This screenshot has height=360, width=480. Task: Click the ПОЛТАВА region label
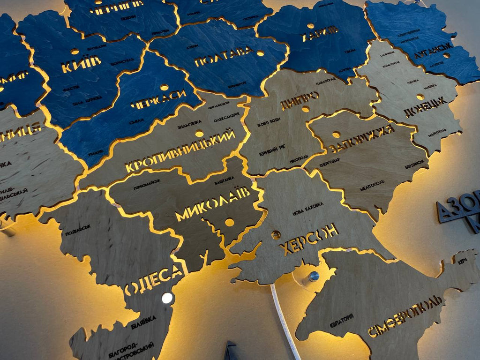pos(224,57)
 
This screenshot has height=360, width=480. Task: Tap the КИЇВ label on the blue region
pos(81,64)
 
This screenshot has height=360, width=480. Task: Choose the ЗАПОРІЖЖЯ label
pos(362,137)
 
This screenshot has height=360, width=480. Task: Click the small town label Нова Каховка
pos(307,208)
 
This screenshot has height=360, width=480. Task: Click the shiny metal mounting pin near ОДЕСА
pos(167,298)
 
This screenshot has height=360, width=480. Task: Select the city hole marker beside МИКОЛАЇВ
pos(229,222)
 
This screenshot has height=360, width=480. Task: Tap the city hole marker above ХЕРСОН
pos(276,234)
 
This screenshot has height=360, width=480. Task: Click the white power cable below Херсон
pos(286,323)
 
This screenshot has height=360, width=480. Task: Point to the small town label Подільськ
pos(78,230)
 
